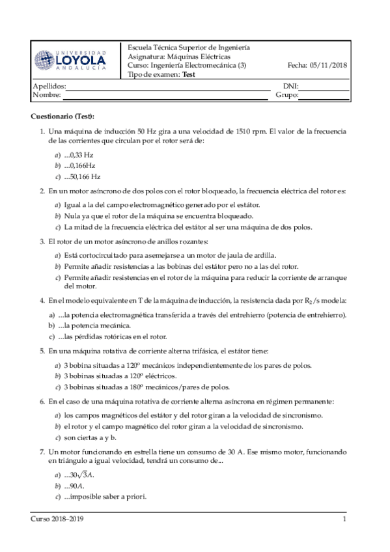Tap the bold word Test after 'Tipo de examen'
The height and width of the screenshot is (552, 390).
point(188,75)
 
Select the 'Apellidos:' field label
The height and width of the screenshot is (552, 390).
point(49,86)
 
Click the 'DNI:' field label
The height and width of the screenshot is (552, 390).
point(290,86)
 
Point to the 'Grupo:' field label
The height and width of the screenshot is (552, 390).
point(287,95)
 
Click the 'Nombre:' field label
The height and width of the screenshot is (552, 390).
point(46,95)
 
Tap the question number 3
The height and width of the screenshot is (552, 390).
point(42,241)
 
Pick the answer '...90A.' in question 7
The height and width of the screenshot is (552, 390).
point(76,486)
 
